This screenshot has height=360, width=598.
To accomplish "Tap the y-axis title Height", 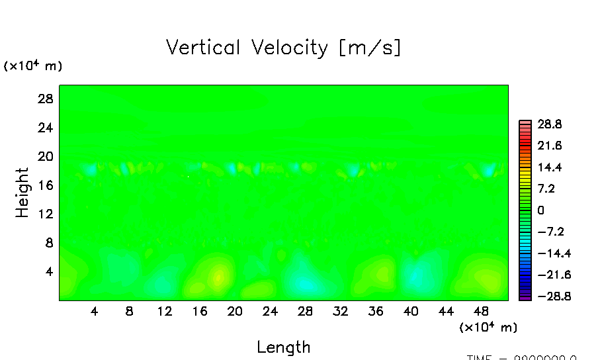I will coord(22,193).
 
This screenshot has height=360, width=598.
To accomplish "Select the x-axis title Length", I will coord(283,347).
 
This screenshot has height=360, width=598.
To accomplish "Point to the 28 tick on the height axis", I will coord(44,99).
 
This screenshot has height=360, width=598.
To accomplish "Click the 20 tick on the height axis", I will coord(44,156).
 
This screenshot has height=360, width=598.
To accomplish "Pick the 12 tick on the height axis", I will coord(44,214).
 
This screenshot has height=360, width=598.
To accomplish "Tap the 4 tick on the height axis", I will coord(48,271).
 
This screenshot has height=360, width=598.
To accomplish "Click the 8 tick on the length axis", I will coord(129,311).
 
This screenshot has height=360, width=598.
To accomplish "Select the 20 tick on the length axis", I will coord(234,311).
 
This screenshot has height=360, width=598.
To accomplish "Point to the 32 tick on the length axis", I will coord(340,311).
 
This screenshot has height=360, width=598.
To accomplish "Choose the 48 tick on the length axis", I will coord(481,311).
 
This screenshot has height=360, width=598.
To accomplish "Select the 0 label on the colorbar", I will coord(540,210).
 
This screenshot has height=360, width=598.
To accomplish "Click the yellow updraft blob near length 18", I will coord(218,277).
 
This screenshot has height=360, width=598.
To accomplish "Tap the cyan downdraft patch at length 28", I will coord(304,283).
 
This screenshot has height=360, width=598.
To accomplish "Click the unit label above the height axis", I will coord(33,66).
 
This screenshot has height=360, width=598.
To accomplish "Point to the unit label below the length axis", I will coord(488,327).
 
